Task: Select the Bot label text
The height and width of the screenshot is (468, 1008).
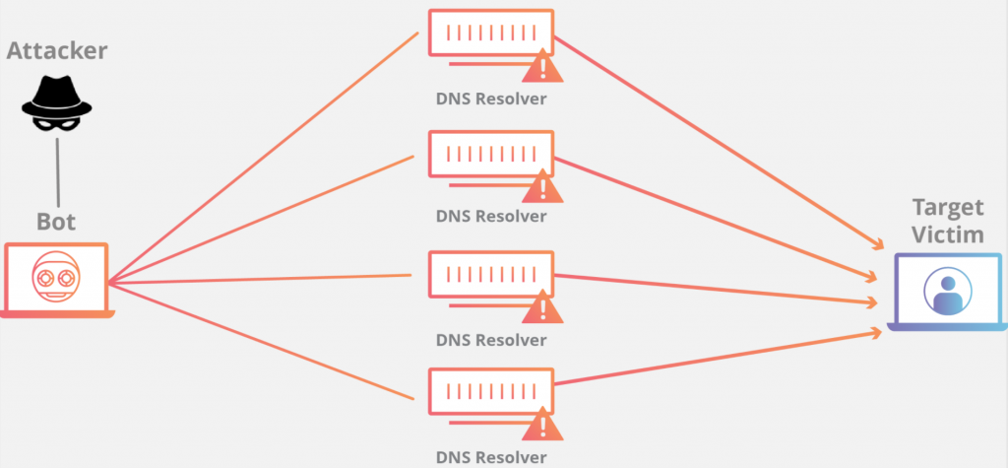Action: [x=56, y=221]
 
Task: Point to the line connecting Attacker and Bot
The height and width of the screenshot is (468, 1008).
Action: [x=56, y=167]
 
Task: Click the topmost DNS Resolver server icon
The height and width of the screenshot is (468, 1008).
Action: [x=490, y=34]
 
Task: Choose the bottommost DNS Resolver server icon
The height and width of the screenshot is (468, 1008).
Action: [x=490, y=393]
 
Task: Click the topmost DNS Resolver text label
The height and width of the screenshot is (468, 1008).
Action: [x=490, y=99]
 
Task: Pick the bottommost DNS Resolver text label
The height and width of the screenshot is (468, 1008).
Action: [x=490, y=457]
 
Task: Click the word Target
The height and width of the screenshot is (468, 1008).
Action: [x=947, y=207]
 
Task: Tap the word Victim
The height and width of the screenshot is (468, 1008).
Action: [x=947, y=234]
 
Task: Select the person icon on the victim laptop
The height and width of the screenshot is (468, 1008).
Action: [x=947, y=291]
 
